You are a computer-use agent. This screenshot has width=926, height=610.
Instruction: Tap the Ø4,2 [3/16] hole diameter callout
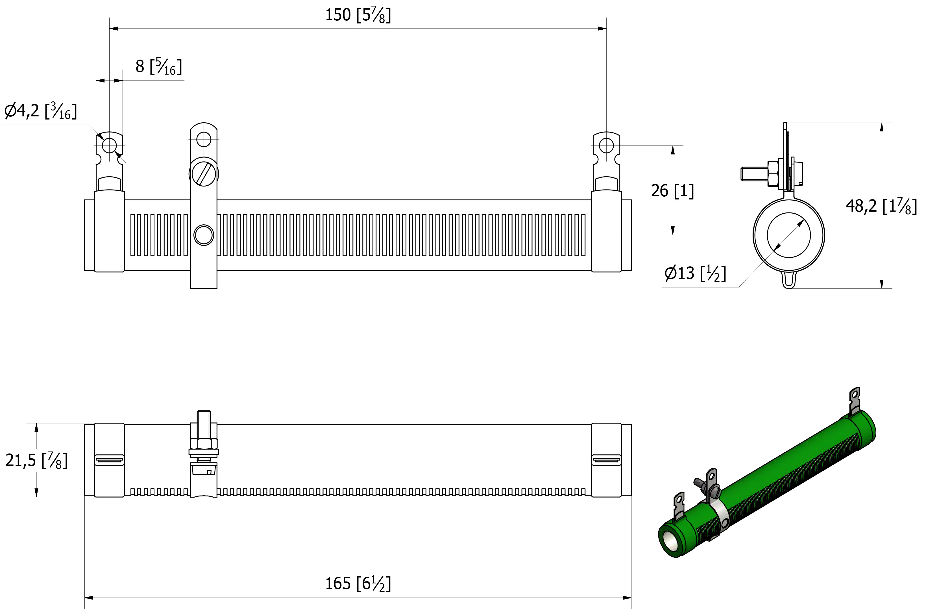pos(40,111)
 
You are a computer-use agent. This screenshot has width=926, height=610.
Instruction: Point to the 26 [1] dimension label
pos(672,191)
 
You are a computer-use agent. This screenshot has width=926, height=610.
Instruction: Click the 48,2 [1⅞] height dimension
pos(881,206)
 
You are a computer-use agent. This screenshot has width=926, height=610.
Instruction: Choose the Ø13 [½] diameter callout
pos(695,273)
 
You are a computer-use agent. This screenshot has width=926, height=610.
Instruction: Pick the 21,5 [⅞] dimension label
pos(37,460)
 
